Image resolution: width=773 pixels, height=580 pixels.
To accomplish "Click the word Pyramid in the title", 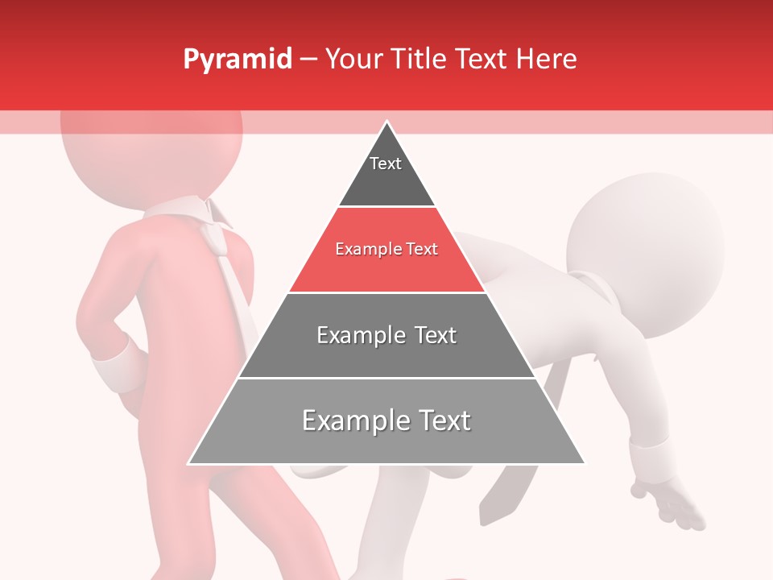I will click(237, 60).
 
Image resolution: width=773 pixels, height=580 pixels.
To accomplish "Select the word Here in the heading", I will click(546, 60).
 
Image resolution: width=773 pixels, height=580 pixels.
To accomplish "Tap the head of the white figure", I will click(644, 242).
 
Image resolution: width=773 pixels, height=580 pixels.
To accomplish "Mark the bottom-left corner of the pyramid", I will click(189, 463).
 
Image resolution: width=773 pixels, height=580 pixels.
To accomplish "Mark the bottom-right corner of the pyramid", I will click(584, 463).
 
